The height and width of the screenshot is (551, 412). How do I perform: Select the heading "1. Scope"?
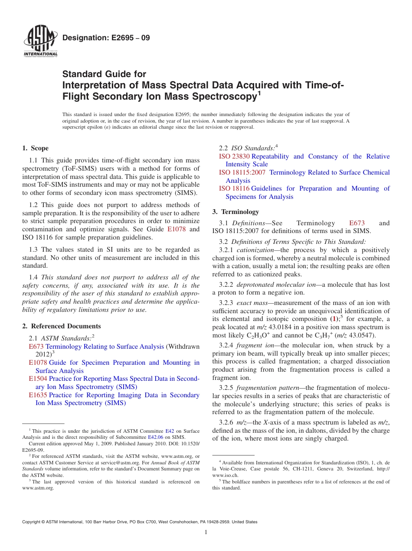(x=35, y=148)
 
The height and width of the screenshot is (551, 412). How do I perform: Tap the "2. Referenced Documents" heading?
(x=62, y=326)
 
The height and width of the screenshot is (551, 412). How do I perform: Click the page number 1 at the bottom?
(x=206, y=532)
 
